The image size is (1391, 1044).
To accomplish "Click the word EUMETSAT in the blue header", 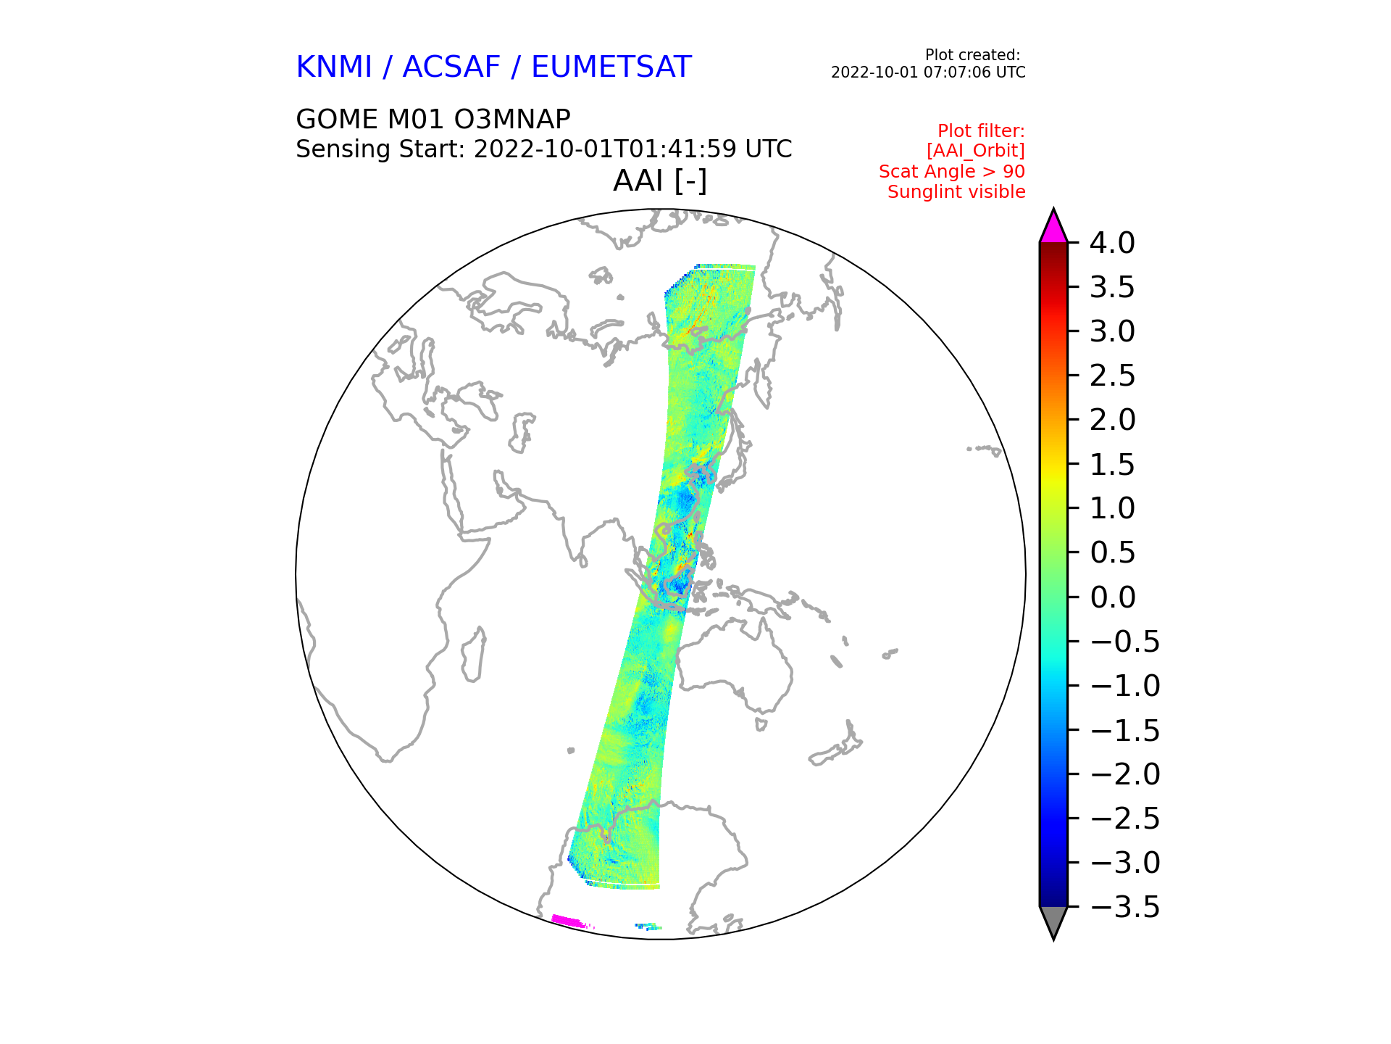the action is point(611,67).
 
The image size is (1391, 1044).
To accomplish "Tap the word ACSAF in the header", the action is point(451,67).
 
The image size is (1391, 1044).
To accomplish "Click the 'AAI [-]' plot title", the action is point(660,181).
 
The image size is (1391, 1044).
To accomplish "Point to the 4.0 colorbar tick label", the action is point(1112,244).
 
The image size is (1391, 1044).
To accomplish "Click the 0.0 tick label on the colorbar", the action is point(1112,598).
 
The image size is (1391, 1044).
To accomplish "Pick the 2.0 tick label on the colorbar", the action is point(1112,420).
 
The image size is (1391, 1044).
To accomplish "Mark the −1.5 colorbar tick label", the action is point(1124,731).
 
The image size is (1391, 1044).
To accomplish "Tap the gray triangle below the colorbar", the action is point(1053,921).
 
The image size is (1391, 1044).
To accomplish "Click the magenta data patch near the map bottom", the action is point(568,921).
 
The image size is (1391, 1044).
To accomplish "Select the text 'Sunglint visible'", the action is point(956,192).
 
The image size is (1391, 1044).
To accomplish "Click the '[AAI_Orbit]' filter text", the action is point(976,151).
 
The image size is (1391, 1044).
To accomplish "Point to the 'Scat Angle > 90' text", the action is point(952,172).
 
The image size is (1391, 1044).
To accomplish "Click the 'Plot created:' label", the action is point(973,55).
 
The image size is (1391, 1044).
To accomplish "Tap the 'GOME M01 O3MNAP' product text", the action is point(433,120).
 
